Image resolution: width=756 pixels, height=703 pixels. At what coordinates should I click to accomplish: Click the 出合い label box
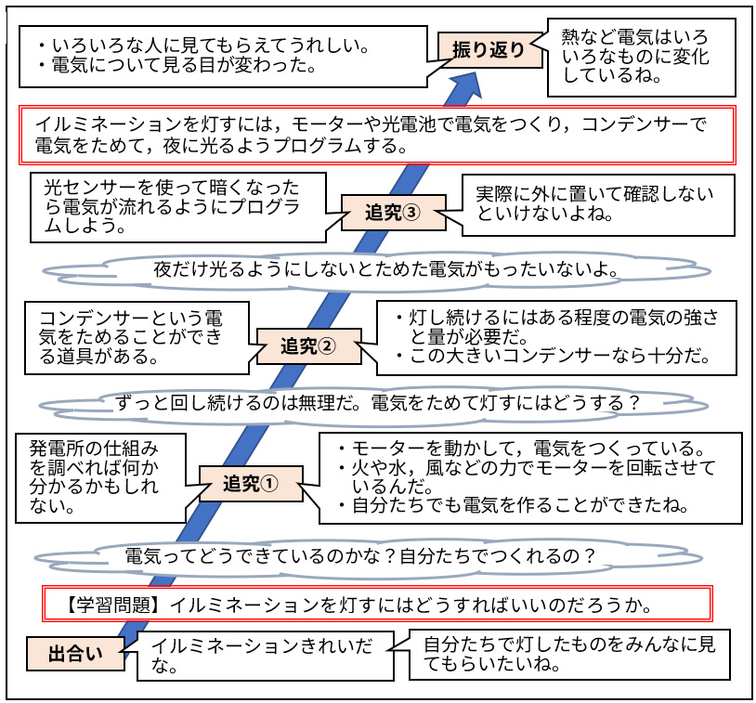75,654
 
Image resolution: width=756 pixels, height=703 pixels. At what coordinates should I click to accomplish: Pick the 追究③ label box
392,212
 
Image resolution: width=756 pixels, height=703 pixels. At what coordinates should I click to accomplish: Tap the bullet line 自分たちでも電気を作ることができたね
520,506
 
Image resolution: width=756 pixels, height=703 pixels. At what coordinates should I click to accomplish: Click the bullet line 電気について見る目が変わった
186,66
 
